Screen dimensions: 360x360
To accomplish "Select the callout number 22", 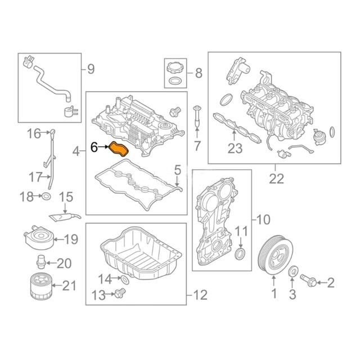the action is [x=276, y=179].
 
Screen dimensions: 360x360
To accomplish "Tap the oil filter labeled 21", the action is [x=41, y=286].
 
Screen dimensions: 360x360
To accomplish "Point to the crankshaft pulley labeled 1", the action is [x=276, y=255].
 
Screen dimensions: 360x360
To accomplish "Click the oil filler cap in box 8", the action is [x=175, y=67].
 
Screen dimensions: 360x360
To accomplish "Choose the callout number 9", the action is [x=91, y=69].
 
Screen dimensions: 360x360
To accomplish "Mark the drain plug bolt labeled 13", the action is [x=120, y=293].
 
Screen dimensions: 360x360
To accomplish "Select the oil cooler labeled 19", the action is [x=39, y=237].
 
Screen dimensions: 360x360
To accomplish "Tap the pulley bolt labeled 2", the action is [x=308, y=280].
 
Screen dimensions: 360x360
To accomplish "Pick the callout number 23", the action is [x=235, y=148].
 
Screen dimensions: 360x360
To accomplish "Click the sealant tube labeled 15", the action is [x=65, y=217].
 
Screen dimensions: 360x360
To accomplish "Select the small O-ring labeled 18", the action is [x=46, y=196].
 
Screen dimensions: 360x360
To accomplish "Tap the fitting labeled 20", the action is [x=41, y=261].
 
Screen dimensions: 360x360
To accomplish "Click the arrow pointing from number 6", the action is [x=103, y=147].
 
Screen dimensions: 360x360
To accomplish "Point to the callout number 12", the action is [x=200, y=295].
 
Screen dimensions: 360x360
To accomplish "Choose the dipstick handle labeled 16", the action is [x=53, y=133].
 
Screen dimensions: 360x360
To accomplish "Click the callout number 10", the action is [x=263, y=219].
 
